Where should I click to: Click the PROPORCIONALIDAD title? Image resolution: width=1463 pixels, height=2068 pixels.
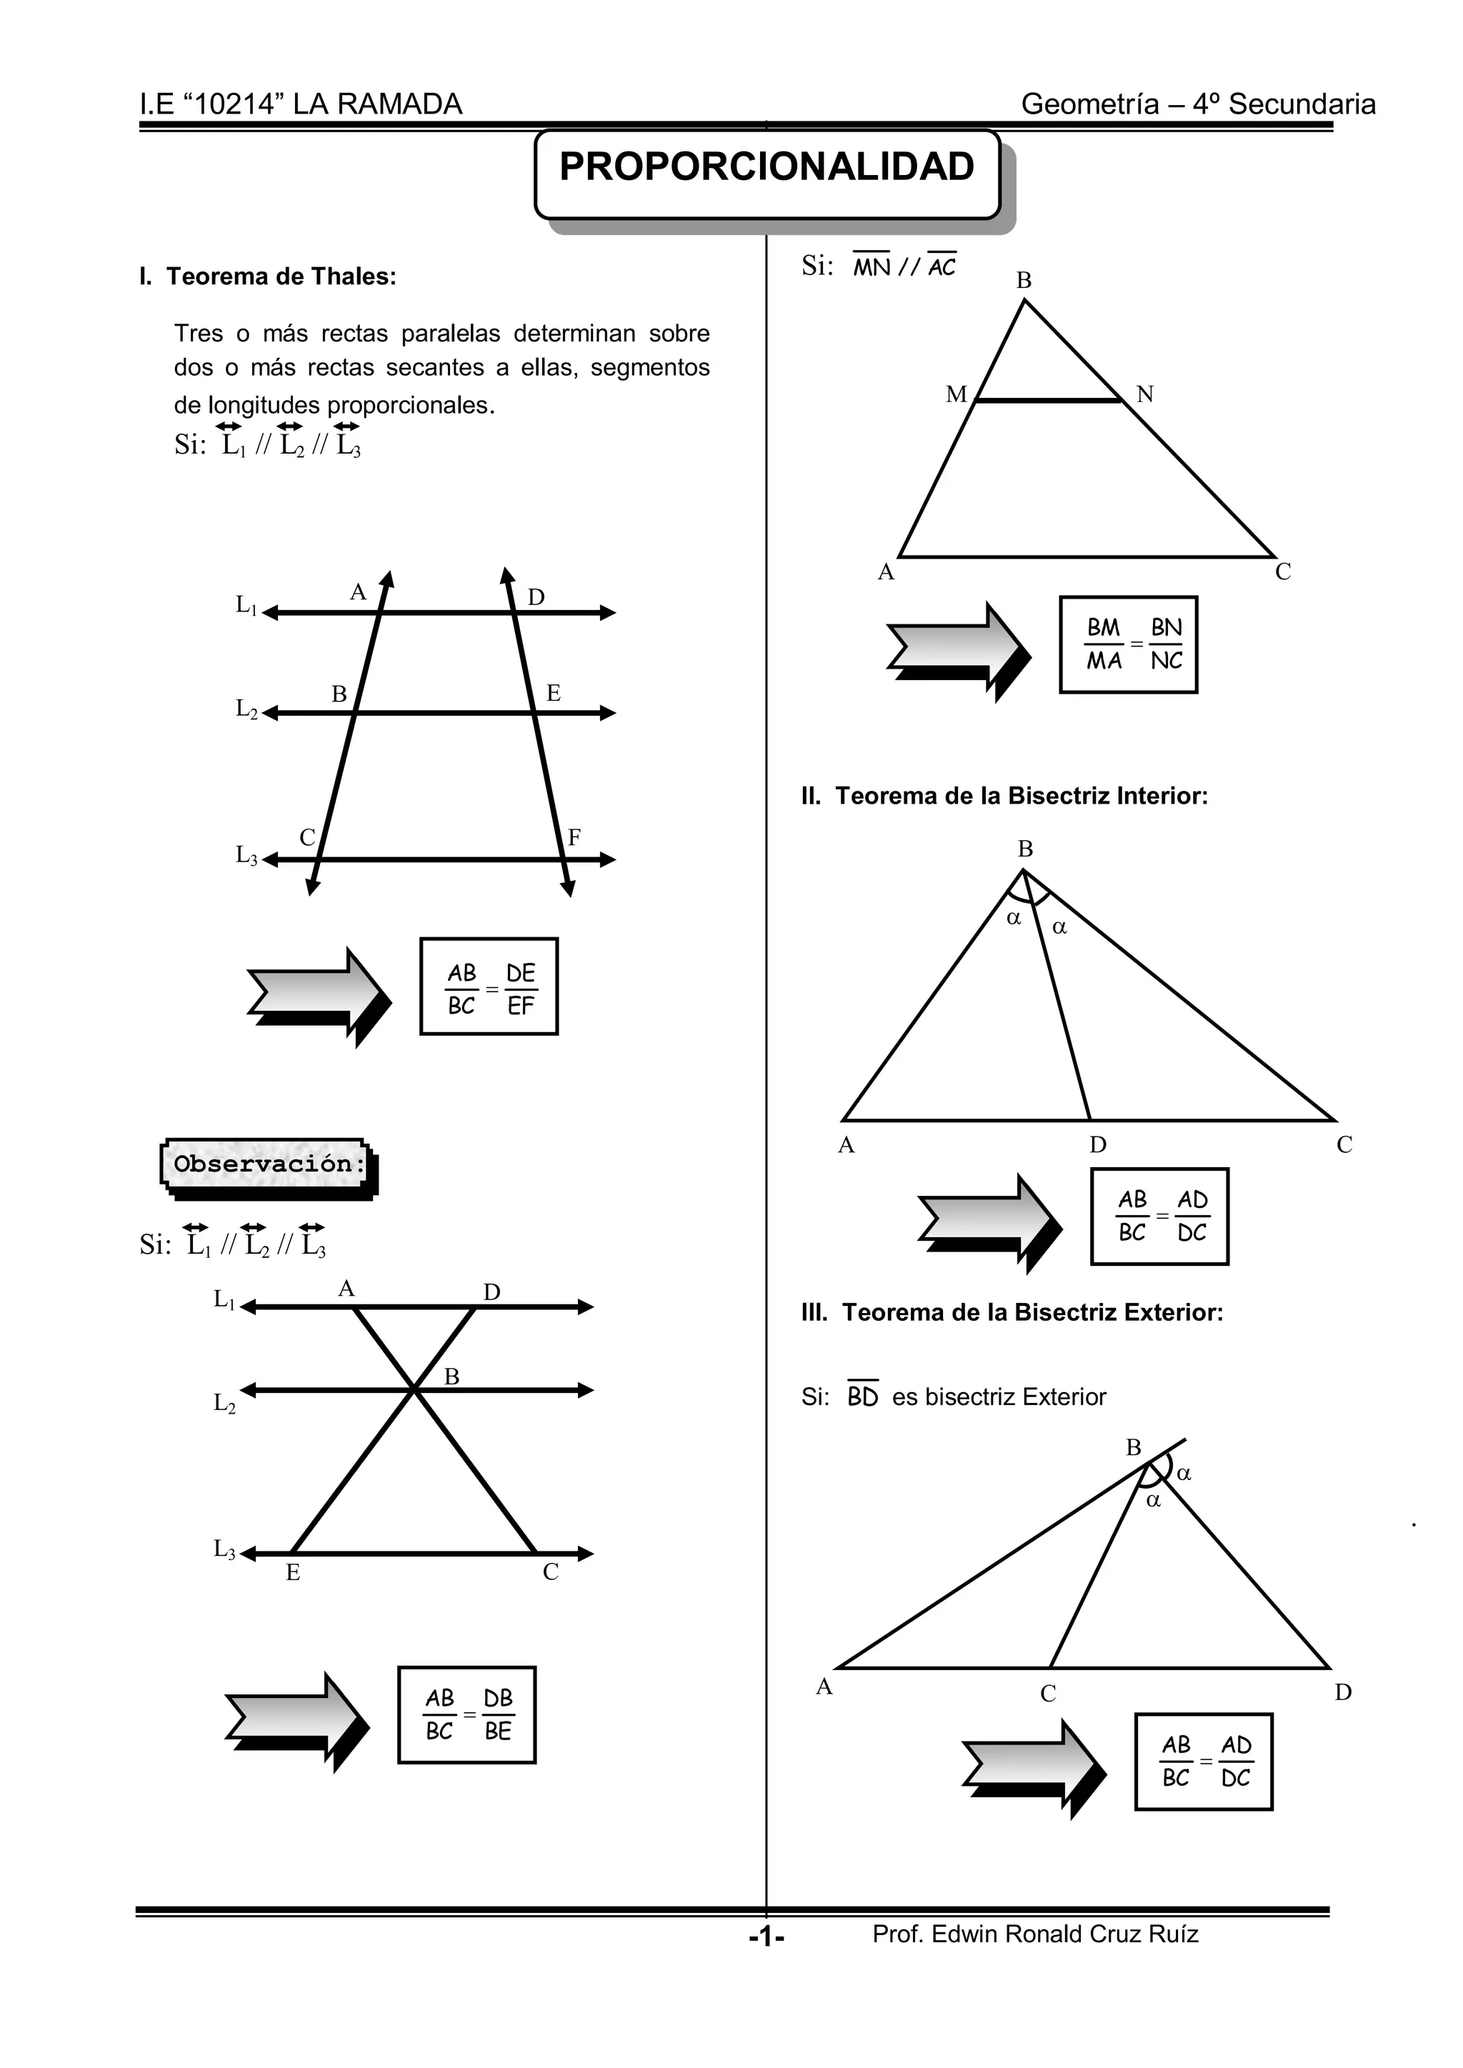(x=767, y=168)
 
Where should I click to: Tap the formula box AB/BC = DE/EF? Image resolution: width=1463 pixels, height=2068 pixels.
(x=489, y=986)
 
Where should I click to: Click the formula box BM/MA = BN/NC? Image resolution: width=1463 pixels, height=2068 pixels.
(x=1128, y=645)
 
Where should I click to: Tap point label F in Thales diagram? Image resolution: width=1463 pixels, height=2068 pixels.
(x=574, y=838)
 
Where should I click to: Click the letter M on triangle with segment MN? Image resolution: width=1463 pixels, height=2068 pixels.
(x=956, y=394)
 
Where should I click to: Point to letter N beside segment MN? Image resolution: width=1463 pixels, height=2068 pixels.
(x=1145, y=394)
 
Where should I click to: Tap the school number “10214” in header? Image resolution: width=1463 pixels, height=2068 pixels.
(x=231, y=104)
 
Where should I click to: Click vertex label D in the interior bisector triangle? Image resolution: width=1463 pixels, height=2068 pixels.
(x=1097, y=1145)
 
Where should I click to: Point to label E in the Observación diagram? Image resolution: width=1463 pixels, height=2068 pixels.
(x=293, y=1573)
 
